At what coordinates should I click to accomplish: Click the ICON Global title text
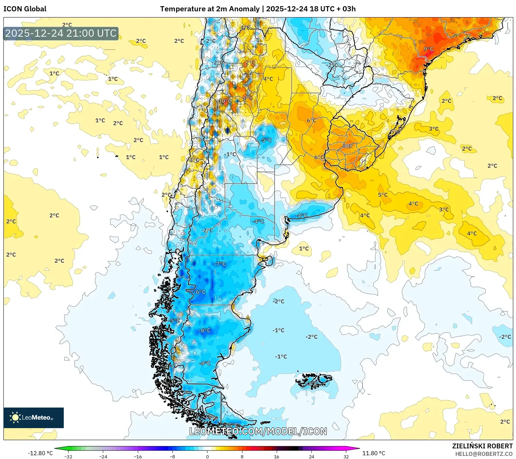25,9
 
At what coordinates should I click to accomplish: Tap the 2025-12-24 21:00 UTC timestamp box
61,34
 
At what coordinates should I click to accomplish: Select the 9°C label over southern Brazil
429,49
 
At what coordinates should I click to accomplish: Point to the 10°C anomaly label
225,101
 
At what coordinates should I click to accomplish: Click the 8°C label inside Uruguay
347,146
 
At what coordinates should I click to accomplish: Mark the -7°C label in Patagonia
220,264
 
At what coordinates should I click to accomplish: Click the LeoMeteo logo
33,417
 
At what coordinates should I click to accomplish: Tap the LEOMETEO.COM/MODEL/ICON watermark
258,431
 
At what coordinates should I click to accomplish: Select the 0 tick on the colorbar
207,456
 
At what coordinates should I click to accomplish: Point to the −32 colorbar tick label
68,456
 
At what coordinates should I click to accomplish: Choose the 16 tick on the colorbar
276,456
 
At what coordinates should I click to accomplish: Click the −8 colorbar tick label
172,456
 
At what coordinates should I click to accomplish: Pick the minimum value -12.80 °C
40,453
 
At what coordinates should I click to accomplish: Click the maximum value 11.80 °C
374,453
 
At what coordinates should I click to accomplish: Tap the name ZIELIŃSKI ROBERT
482,446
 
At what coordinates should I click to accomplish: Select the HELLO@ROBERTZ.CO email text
483,454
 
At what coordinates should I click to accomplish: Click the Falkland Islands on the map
314,381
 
